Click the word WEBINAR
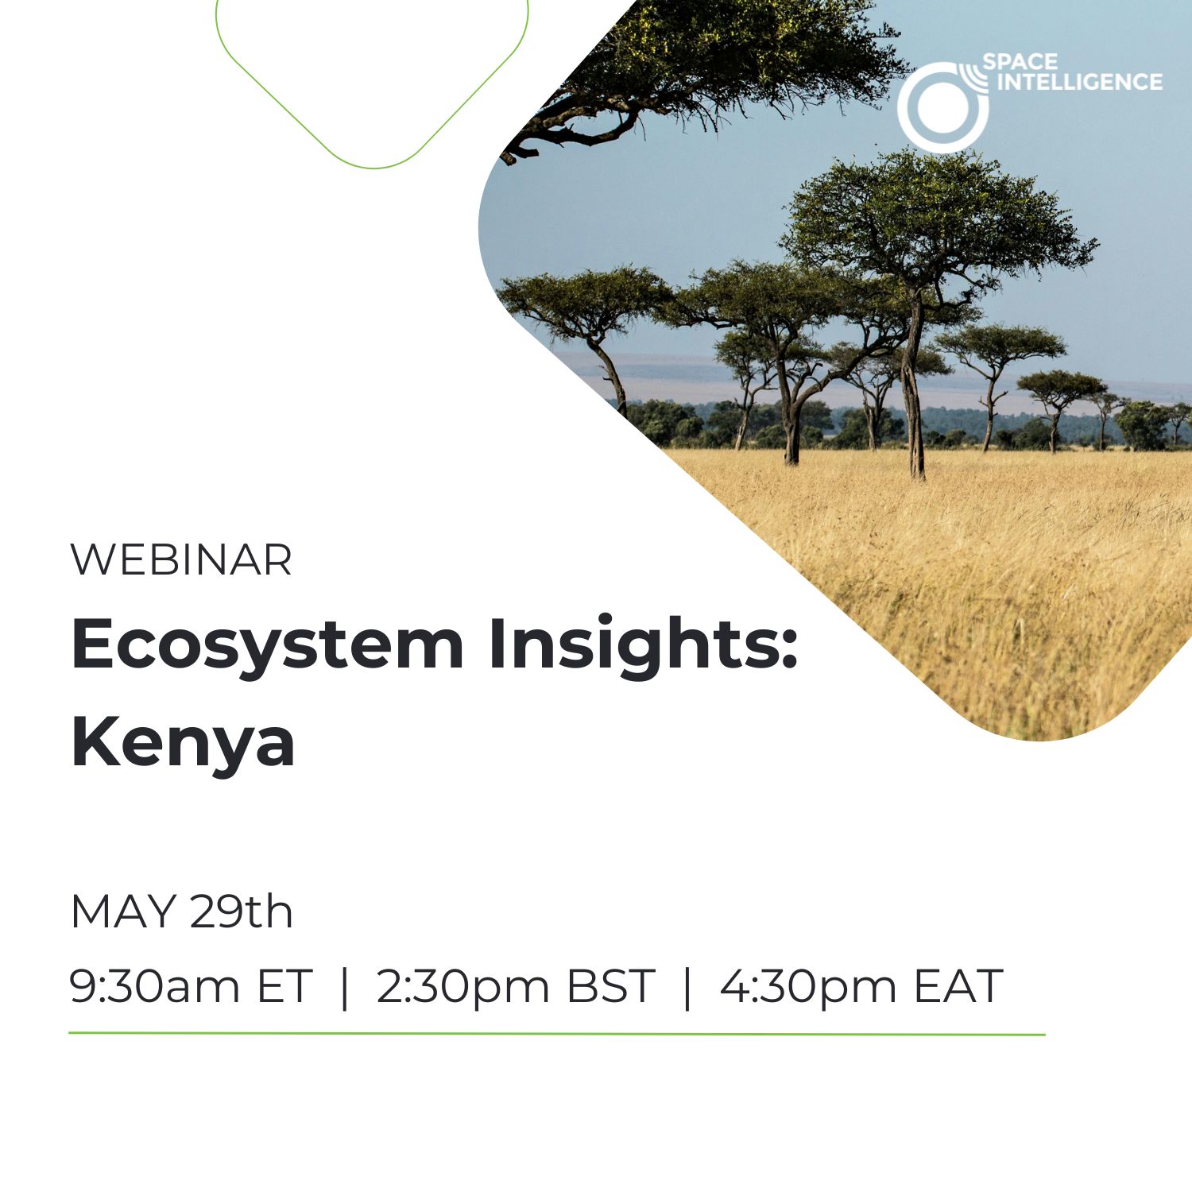click(x=181, y=560)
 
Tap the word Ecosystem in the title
click(x=267, y=645)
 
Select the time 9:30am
click(x=155, y=986)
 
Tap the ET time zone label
click(x=283, y=986)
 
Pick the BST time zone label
click(x=610, y=986)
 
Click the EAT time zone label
click(x=958, y=986)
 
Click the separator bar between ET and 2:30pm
click(x=344, y=987)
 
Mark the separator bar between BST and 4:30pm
click(x=687, y=987)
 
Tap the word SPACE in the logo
click(x=1020, y=62)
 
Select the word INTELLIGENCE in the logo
click(x=1080, y=82)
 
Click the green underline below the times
click(x=557, y=1034)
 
